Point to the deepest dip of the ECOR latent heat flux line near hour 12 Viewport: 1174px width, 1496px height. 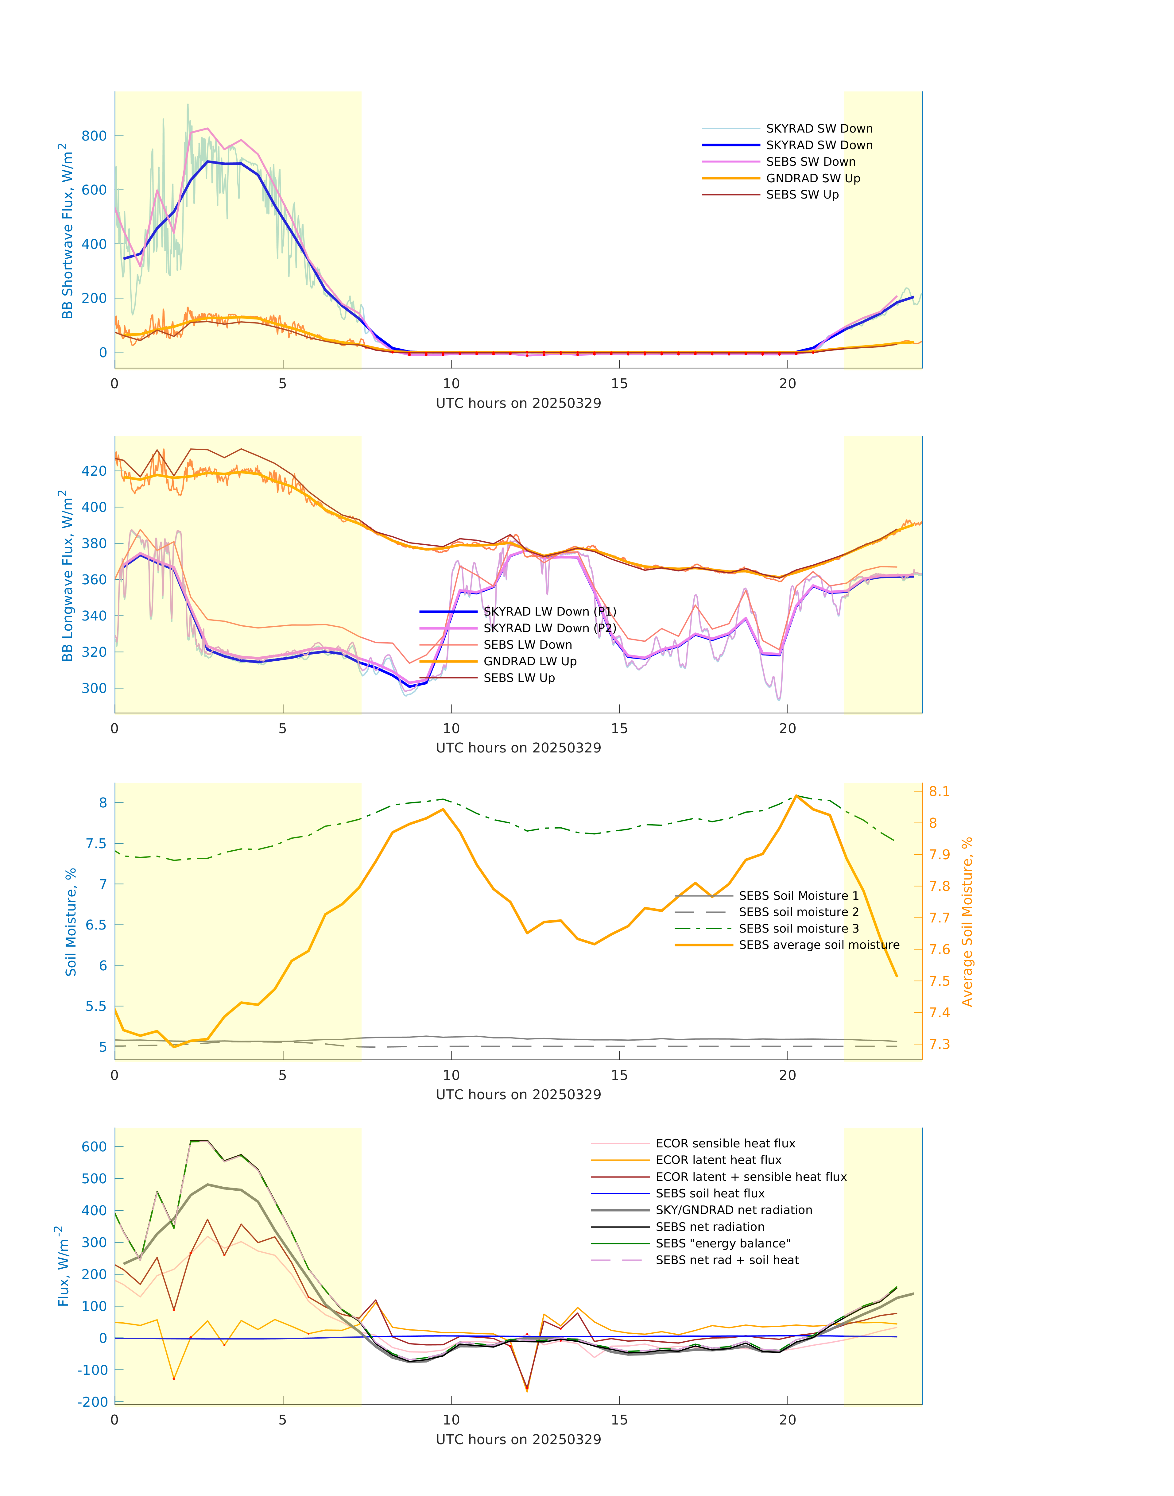click(x=527, y=1391)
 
